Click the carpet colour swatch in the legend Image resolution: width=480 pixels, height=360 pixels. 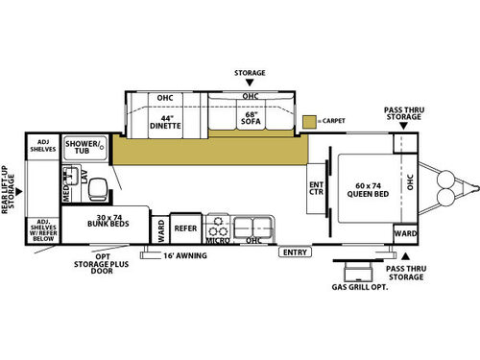[x=309, y=122]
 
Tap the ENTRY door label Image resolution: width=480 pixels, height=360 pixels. [x=295, y=252]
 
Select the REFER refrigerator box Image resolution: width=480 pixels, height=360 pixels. [x=185, y=228]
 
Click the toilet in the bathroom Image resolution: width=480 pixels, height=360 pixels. [x=97, y=189]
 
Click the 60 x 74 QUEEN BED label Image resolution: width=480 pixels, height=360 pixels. [x=368, y=190]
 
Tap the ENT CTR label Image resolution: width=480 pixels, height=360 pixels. [x=316, y=188]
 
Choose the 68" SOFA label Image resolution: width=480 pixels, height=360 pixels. [x=251, y=118]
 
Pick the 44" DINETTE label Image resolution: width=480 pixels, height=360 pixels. [x=165, y=122]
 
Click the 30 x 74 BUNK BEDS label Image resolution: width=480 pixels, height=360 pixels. [x=108, y=221]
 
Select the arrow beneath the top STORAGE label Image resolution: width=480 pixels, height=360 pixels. [x=250, y=83]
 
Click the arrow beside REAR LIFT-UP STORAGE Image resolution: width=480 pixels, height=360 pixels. [x=19, y=192]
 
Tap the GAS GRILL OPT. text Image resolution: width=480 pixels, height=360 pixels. [x=360, y=287]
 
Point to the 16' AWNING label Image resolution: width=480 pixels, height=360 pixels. [x=185, y=255]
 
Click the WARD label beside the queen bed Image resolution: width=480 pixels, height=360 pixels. [x=405, y=233]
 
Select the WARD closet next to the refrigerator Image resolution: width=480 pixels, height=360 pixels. [x=160, y=230]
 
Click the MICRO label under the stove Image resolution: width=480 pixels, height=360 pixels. [x=218, y=240]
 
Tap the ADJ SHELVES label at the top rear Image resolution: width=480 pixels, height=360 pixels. [x=43, y=146]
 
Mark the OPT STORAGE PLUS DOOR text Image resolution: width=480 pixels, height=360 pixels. [x=102, y=264]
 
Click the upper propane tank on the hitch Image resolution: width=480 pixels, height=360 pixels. [x=445, y=179]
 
